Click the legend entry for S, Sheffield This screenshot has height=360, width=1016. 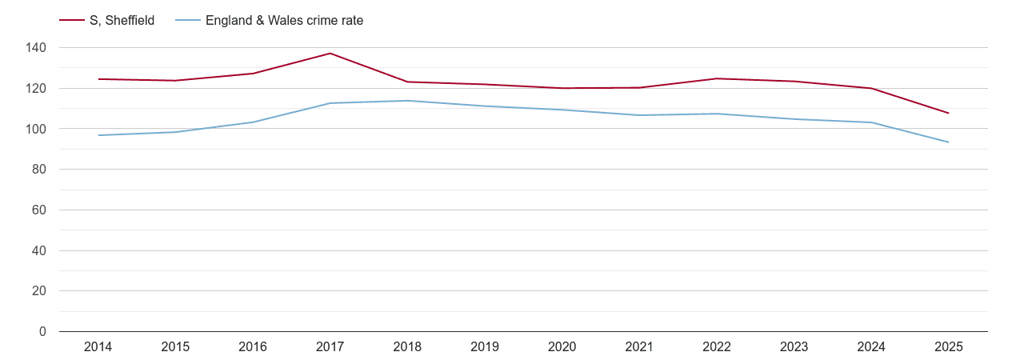pos(122,21)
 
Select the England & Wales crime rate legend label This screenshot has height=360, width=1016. pos(284,21)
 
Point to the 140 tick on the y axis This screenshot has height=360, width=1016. pos(36,48)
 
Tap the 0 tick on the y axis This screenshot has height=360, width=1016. pos(42,331)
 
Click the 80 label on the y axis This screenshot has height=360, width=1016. pos(39,170)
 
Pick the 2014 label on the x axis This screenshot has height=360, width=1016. pos(98,347)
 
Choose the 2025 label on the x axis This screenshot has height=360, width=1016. pos(948,347)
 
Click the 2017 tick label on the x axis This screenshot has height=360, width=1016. pos(330,347)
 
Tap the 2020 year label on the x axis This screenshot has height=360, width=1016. pos(562,347)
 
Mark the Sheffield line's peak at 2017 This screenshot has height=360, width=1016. pos(330,54)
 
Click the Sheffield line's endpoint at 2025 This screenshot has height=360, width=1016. pos(948,113)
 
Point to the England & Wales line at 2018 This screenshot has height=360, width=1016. pos(407,101)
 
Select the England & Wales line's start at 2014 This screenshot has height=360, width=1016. pos(98,135)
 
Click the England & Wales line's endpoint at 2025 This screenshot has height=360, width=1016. pos(948,142)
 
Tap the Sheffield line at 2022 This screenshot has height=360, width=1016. pos(716,78)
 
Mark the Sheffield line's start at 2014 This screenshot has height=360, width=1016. pos(98,79)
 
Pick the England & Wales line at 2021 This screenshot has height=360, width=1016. pos(639,115)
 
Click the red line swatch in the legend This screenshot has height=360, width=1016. pos(72,21)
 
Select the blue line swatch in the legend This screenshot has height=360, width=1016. pos(187,21)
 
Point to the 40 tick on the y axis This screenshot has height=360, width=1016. pos(39,250)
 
